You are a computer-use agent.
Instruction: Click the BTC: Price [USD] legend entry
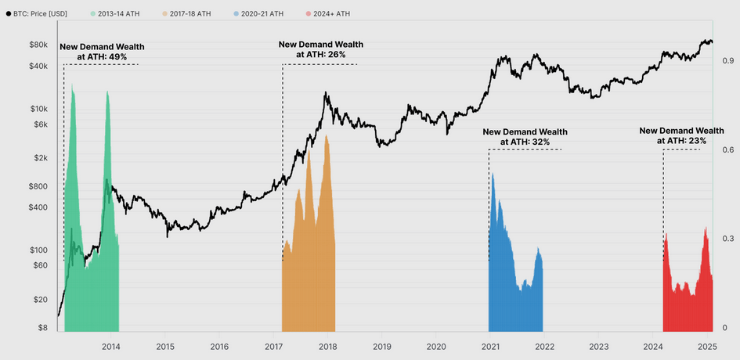(x=43, y=14)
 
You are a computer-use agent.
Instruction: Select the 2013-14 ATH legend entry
(x=121, y=14)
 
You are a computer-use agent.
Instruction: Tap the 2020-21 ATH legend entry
(x=262, y=14)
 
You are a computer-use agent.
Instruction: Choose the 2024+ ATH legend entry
(x=330, y=14)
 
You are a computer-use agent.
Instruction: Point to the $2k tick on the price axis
(x=40, y=158)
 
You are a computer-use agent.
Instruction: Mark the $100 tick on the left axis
(x=38, y=250)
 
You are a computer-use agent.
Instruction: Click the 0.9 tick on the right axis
(x=727, y=60)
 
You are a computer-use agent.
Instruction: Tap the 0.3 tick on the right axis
(x=727, y=238)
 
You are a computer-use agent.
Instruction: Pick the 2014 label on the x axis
(x=110, y=346)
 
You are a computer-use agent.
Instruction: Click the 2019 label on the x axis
(x=381, y=346)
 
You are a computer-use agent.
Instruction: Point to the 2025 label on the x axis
(x=707, y=346)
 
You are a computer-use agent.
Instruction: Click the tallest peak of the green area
(x=73, y=84)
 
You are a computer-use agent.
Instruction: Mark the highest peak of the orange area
(x=326, y=135)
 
